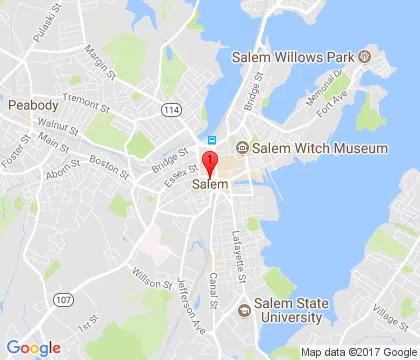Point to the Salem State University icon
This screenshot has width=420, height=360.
click(242, 309)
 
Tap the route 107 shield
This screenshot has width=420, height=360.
click(63, 297)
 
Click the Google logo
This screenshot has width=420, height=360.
click(33, 347)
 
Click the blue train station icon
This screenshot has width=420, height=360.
click(210, 140)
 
